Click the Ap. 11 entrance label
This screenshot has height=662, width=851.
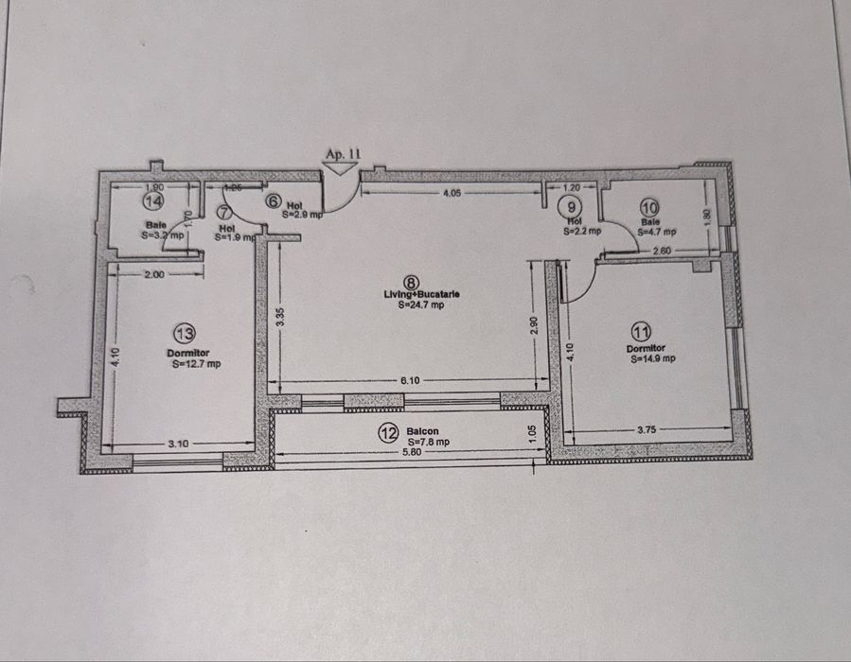coord(344,153)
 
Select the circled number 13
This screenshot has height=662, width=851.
coord(186,333)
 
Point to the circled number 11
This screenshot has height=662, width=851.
coord(643,331)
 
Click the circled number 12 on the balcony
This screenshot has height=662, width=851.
coord(388,433)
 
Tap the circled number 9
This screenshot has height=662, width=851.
coord(571,205)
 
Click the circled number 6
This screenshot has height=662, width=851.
coord(273,200)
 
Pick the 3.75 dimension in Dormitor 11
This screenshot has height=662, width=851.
coord(647,430)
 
